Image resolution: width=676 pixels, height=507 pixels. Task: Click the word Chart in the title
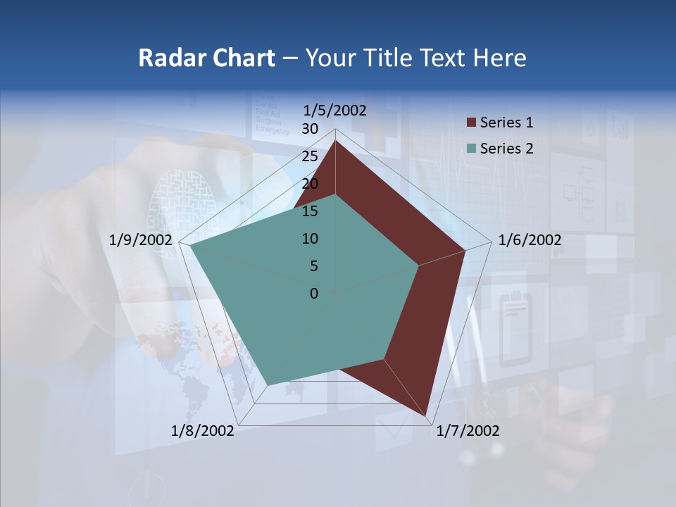[242, 58]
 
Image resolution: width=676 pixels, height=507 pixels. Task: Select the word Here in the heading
[499, 58]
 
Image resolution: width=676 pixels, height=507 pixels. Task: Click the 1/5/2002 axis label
[334, 110]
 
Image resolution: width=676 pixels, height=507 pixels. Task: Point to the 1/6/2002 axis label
[530, 240]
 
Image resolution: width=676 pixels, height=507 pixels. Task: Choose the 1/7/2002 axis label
[468, 431]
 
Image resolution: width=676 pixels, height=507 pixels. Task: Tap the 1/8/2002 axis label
[203, 431]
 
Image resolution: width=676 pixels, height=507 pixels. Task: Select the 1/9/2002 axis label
[141, 240]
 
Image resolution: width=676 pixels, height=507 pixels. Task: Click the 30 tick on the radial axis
[310, 129]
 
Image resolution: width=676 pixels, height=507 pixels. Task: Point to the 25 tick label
[310, 156]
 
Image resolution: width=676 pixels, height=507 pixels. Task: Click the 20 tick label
[310, 184]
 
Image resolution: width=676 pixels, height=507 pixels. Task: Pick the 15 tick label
[310, 211]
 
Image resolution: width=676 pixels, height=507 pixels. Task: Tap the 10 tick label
[310, 239]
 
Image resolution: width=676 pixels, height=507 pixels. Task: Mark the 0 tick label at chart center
[314, 294]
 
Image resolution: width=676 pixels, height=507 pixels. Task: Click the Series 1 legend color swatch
[471, 123]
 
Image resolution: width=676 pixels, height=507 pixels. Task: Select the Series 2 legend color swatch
[471, 149]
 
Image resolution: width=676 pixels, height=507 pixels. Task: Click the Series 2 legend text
[506, 149]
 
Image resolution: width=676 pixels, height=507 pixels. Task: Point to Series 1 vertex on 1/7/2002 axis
[426, 415]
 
